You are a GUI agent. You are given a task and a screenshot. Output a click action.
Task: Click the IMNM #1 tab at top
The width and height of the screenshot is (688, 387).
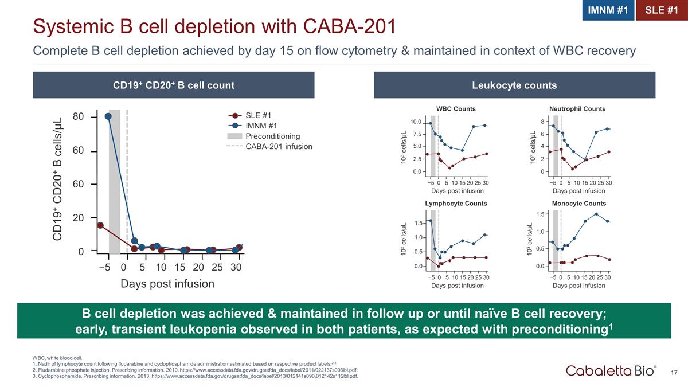(608, 10)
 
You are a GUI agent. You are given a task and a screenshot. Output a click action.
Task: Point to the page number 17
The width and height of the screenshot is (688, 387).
(674, 373)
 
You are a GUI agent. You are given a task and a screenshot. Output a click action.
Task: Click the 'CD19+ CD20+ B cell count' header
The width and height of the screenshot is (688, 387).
(174, 85)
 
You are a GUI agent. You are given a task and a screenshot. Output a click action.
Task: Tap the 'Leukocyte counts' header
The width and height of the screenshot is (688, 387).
(514, 85)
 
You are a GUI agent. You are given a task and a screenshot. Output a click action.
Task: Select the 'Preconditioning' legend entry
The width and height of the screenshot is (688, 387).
(272, 136)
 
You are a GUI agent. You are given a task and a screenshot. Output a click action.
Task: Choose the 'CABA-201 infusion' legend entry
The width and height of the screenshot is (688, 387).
(279, 147)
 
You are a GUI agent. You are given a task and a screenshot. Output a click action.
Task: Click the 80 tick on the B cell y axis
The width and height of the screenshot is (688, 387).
(79, 116)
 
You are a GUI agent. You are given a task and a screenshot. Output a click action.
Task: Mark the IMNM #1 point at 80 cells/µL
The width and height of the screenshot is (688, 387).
(108, 116)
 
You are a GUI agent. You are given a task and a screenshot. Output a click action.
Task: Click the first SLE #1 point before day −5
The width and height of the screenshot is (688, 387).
(100, 225)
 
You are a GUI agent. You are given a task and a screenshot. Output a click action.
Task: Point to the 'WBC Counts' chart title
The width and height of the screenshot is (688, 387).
(456, 109)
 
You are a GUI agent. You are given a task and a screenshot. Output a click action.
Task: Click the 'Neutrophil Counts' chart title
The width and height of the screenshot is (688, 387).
(577, 109)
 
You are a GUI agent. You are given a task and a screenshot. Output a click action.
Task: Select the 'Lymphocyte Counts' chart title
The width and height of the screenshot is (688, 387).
(456, 204)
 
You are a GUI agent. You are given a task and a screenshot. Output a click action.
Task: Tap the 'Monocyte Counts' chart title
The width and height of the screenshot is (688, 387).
(578, 204)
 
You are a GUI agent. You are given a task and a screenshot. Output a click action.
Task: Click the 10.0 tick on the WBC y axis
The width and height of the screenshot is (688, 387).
(416, 122)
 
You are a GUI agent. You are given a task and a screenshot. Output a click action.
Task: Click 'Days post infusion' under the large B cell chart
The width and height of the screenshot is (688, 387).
(167, 284)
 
